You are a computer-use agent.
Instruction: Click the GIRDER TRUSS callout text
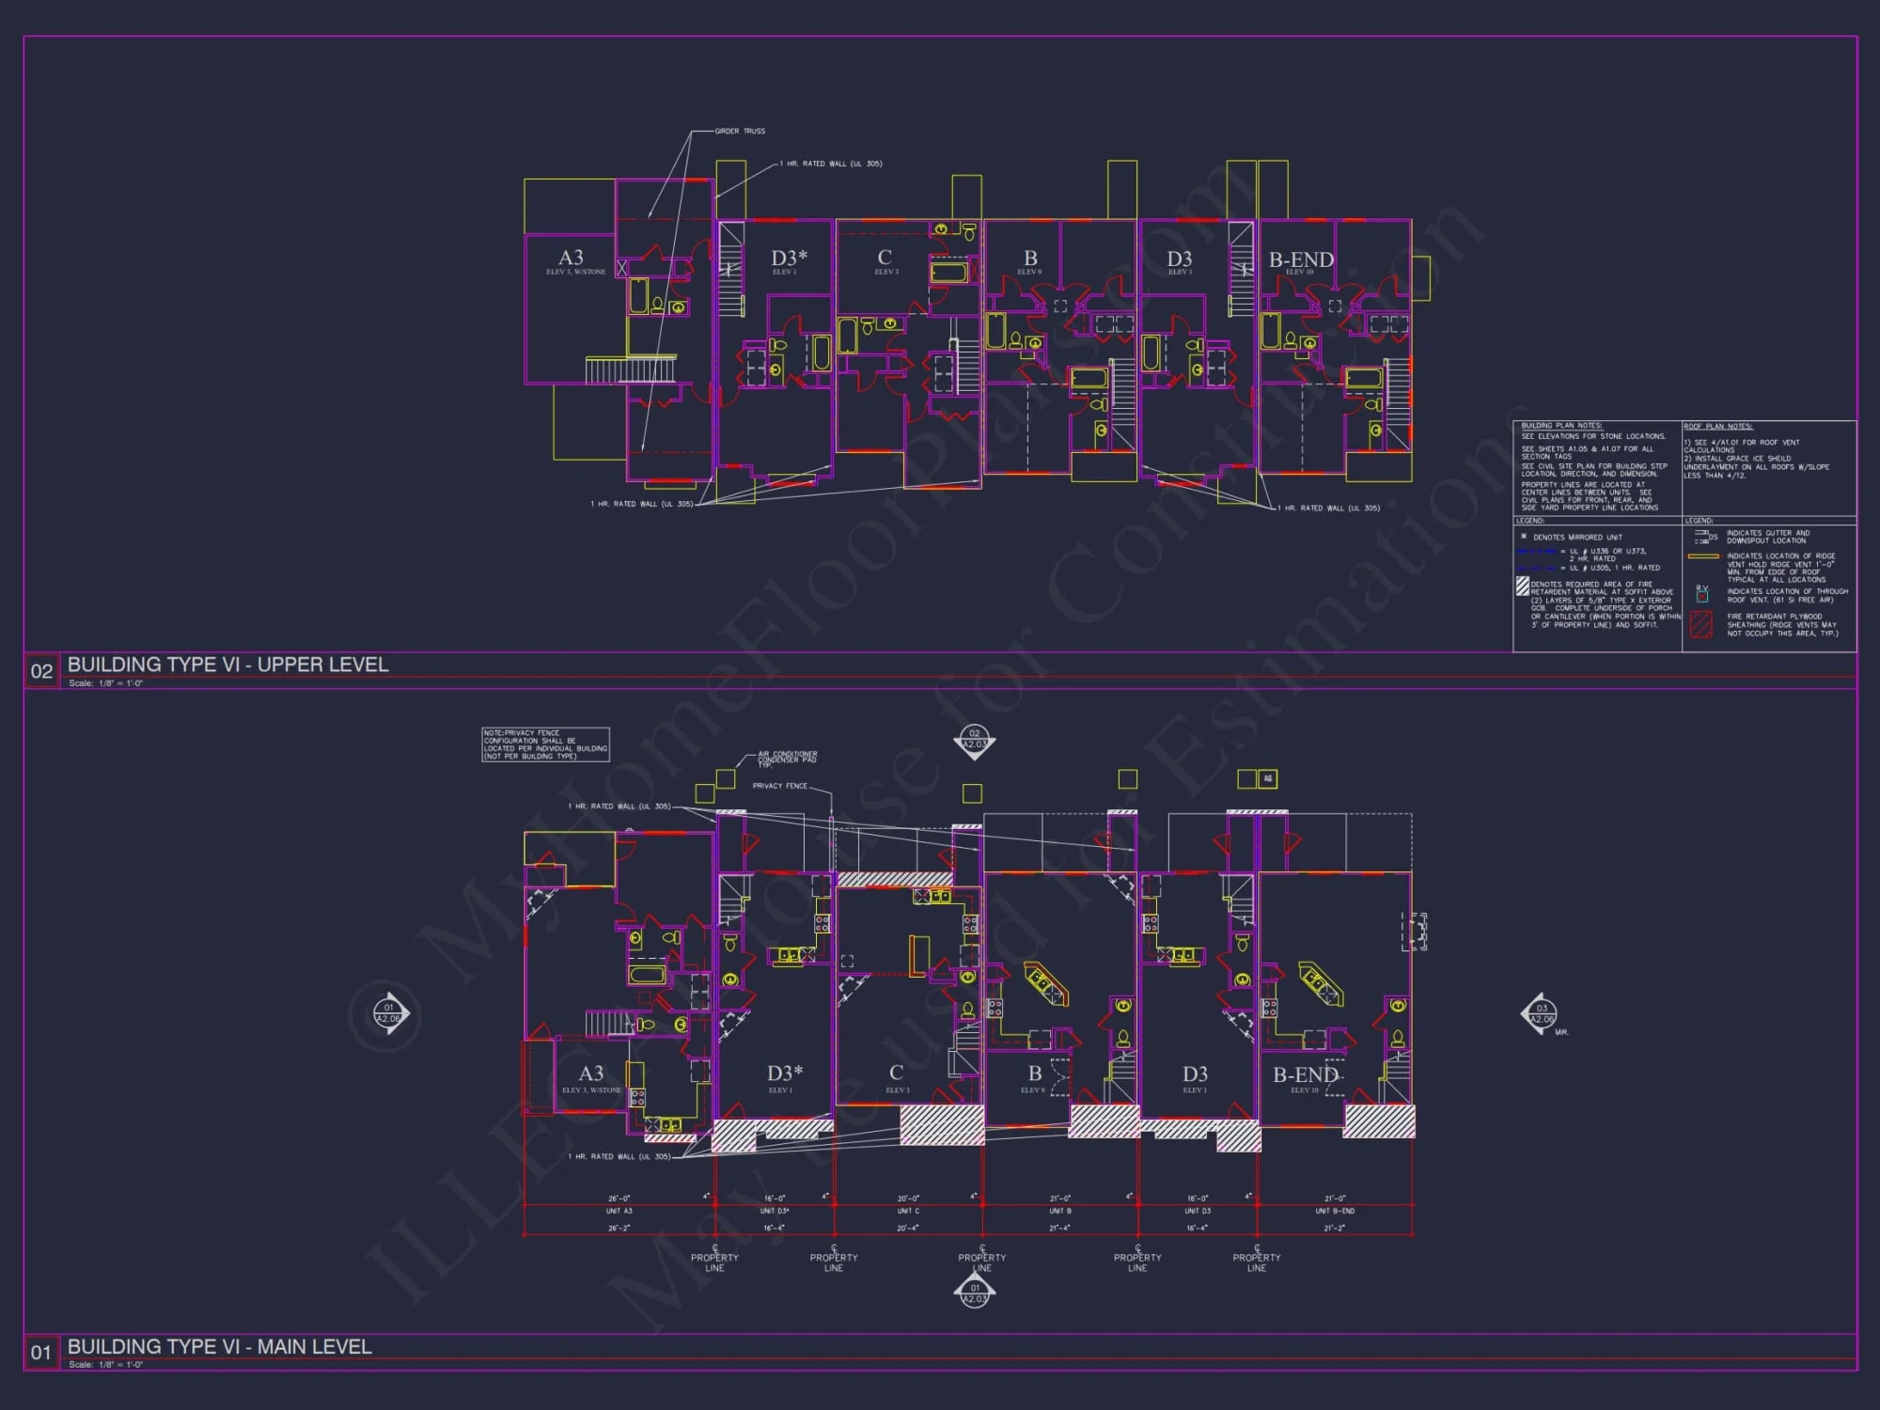[x=740, y=131]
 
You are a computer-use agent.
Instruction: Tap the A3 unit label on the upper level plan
[x=571, y=258]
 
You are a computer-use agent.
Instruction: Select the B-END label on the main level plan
[x=1305, y=1074]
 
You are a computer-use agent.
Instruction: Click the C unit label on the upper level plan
[x=885, y=258]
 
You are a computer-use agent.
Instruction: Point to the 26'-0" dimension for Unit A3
[x=619, y=1198]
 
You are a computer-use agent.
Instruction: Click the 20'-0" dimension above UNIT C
[x=908, y=1198]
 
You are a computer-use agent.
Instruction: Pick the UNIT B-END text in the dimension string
[x=1335, y=1211]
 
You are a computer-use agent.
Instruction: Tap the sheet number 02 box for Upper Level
[x=41, y=671]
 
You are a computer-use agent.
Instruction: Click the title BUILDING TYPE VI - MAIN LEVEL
[x=219, y=1346]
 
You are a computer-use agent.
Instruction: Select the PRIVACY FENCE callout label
[x=779, y=786]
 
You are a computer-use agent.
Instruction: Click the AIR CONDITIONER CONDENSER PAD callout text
[x=787, y=759]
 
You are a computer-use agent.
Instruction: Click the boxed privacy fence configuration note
[x=545, y=744]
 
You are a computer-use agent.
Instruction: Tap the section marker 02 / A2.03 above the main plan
[x=975, y=740]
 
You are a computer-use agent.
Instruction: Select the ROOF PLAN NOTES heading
[x=1718, y=427]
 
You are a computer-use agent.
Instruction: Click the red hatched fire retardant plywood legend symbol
[x=1701, y=625]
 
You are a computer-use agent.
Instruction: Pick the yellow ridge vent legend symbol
[x=1703, y=556]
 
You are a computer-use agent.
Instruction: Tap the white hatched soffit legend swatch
[x=1522, y=587]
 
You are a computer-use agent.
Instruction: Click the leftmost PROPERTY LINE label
[x=714, y=1262]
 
